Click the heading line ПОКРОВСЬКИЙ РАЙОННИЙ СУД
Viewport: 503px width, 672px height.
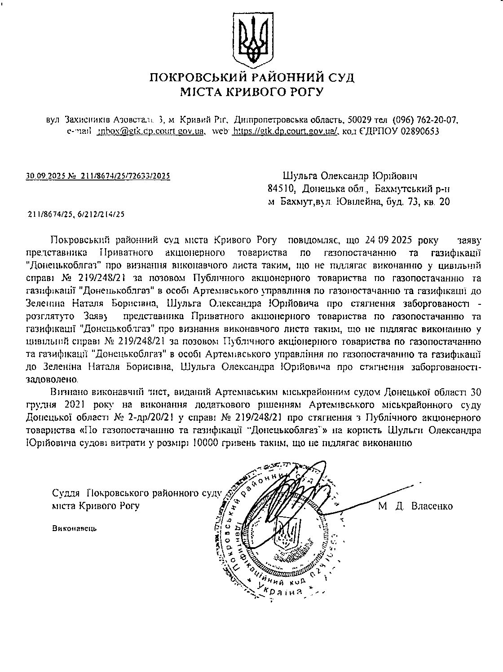(x=251, y=77)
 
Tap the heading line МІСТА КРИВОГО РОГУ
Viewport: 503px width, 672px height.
(x=251, y=92)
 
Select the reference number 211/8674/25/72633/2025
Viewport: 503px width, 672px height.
(x=125, y=176)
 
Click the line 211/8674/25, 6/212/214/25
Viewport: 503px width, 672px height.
(x=76, y=214)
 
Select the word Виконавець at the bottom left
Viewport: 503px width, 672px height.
(x=75, y=528)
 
